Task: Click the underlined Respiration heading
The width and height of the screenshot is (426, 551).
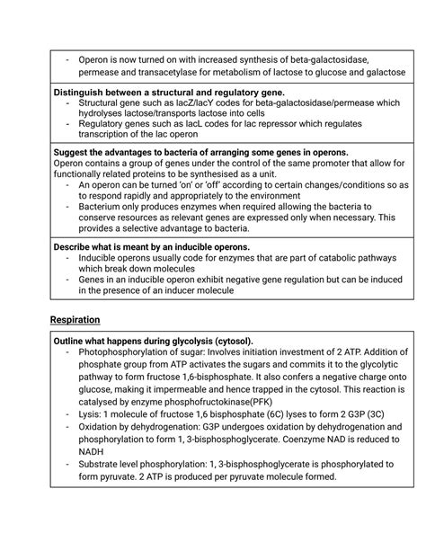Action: click(x=75, y=320)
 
